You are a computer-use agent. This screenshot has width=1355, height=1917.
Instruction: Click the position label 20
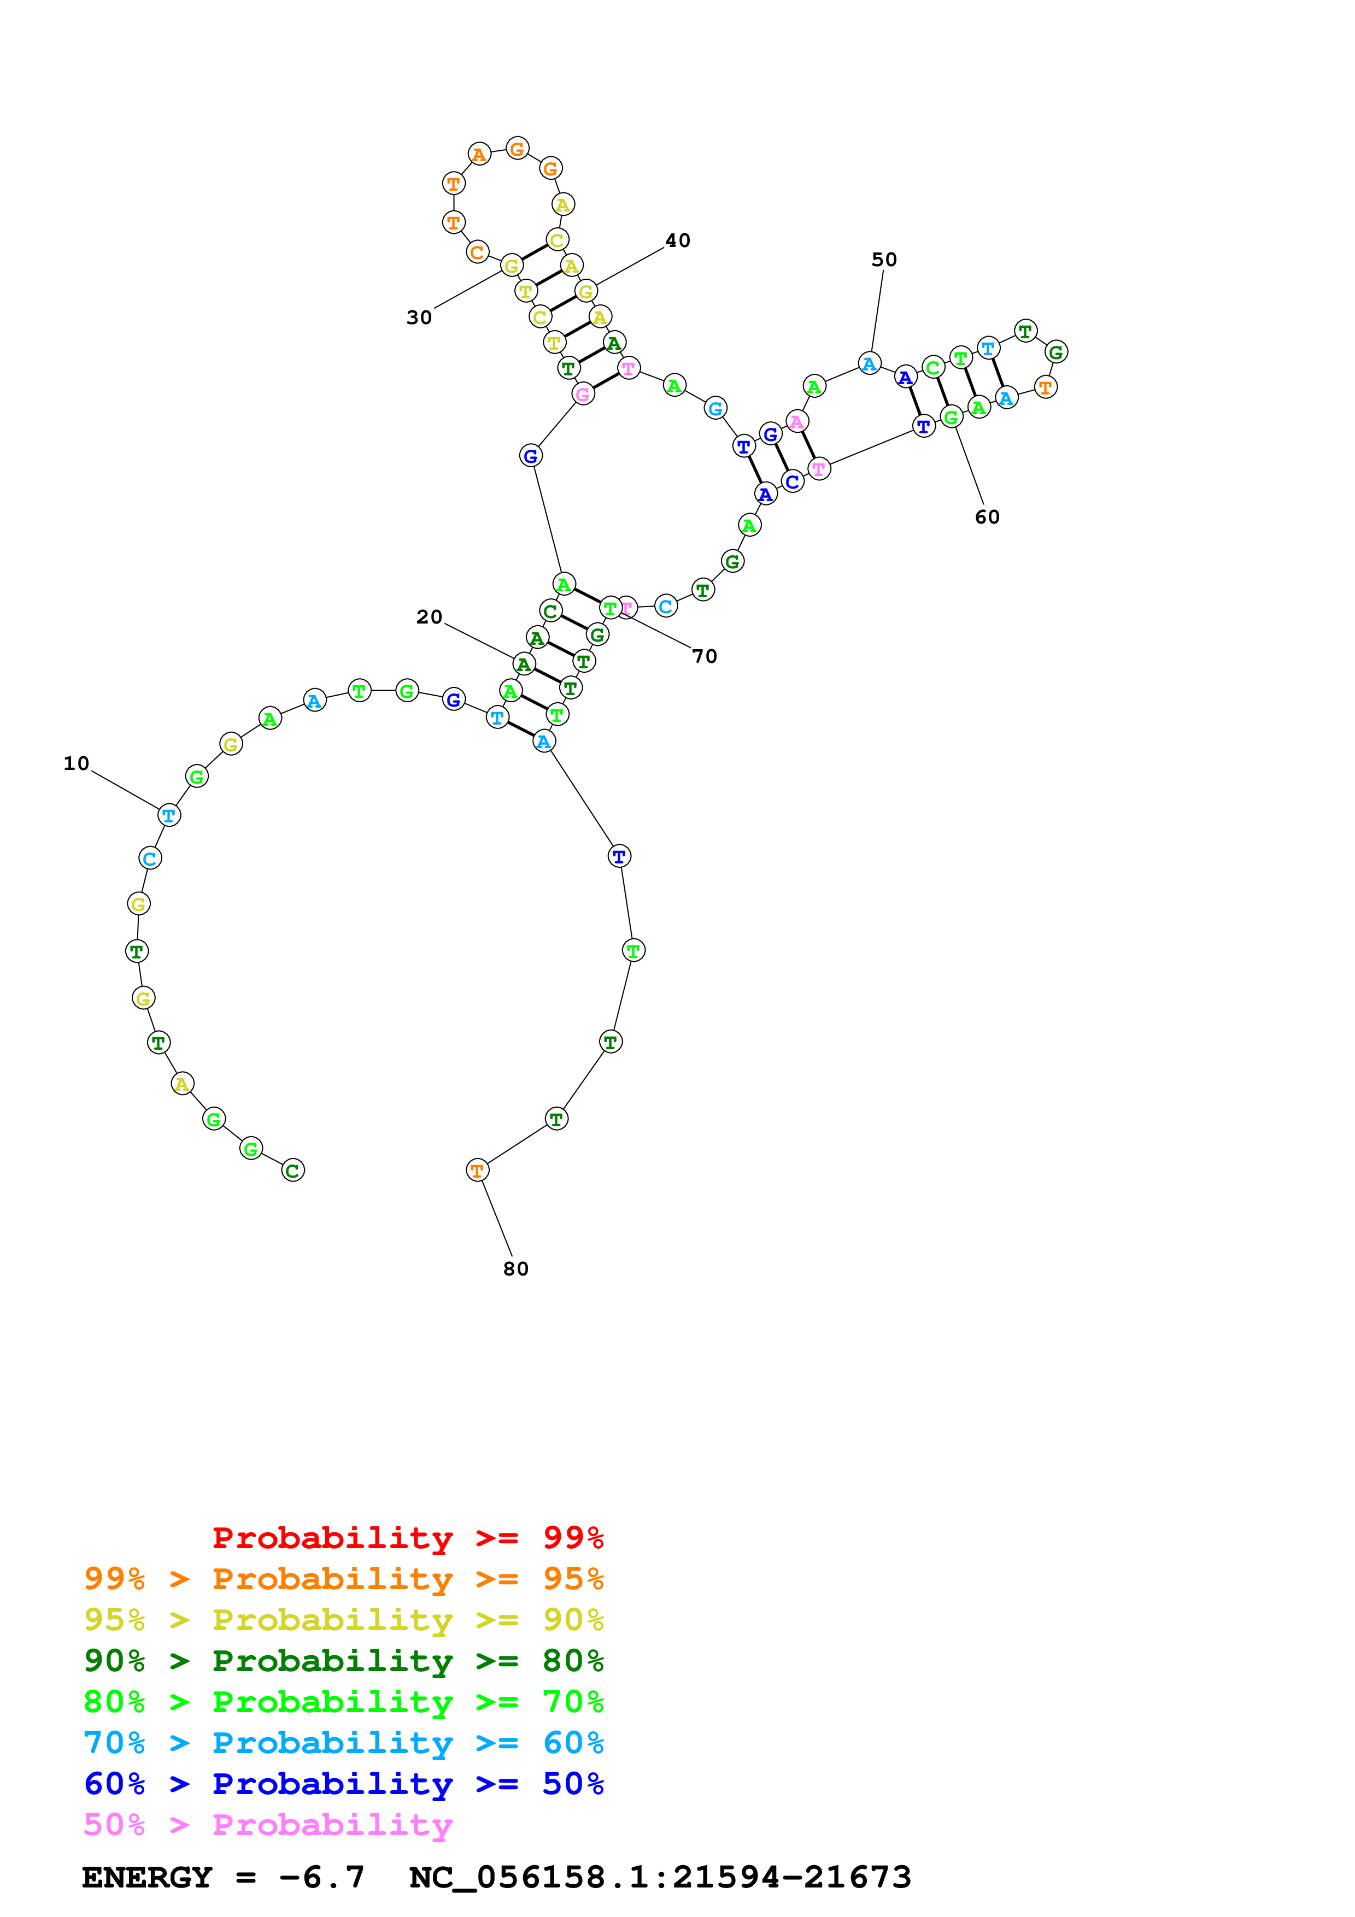[x=429, y=617]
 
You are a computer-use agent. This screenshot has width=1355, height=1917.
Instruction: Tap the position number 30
[x=419, y=317]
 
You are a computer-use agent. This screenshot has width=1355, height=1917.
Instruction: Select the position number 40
[x=677, y=240]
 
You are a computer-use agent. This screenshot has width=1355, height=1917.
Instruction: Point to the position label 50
[x=884, y=260]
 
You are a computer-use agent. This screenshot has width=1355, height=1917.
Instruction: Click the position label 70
[x=705, y=656]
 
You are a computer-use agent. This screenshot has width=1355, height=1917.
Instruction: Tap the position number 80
[x=516, y=1269]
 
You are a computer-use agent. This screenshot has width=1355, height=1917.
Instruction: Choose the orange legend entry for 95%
[x=343, y=1579]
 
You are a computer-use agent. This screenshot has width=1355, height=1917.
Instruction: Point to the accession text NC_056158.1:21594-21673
[x=660, y=1878]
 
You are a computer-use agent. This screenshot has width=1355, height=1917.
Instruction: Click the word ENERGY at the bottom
[x=147, y=1878]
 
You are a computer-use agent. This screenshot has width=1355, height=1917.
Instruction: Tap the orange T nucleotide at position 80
[x=477, y=1171]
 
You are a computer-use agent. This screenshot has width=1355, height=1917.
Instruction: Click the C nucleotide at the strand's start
[x=293, y=1171]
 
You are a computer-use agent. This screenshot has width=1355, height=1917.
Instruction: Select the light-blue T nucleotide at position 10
[x=169, y=815]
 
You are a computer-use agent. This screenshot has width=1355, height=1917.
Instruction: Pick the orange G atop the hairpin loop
[x=518, y=149]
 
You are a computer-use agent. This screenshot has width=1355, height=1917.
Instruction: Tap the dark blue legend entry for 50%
[x=343, y=1784]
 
